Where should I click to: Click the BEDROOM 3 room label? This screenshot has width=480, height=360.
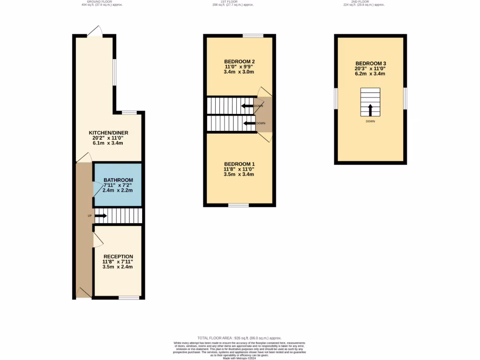click(x=370, y=63)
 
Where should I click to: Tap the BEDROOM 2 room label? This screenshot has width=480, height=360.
click(x=239, y=62)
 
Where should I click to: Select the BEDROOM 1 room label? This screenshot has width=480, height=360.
click(x=239, y=164)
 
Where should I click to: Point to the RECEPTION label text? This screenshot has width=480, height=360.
click(x=118, y=256)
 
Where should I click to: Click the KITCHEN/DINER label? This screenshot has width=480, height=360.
click(x=109, y=133)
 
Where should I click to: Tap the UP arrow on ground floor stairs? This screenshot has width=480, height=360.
click(x=101, y=216)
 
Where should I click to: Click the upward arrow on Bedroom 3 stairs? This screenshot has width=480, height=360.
click(x=370, y=110)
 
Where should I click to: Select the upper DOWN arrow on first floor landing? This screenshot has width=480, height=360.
click(x=247, y=106)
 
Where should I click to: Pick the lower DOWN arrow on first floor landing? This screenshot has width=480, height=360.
click(x=249, y=124)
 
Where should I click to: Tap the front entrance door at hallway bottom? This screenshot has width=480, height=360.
click(x=84, y=292)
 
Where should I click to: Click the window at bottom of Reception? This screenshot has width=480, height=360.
click(x=129, y=297)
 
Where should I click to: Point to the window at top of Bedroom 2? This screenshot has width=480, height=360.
click(x=253, y=36)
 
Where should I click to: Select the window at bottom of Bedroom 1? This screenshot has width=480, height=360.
click(x=239, y=205)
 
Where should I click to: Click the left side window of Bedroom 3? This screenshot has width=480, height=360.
click(x=336, y=98)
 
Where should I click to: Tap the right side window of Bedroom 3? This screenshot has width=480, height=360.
click(x=405, y=98)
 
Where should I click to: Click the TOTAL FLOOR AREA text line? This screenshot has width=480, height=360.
click(x=239, y=338)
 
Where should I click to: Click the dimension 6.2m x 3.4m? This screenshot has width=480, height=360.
click(x=370, y=74)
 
